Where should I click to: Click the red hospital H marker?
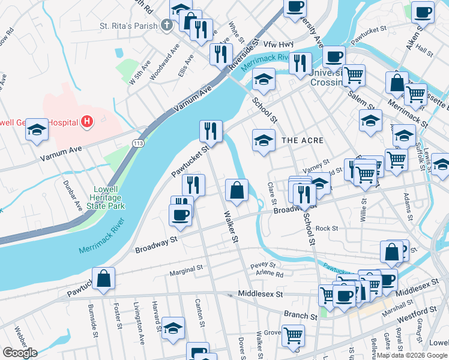click(88, 122)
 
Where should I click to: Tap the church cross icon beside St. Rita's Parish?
click(167, 26)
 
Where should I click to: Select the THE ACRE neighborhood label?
click(303, 140)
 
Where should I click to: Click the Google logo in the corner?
click(20, 353)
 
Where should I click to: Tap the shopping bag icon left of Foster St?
click(104, 278)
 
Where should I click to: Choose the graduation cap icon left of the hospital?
click(37, 130)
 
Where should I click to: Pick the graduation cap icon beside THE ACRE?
click(263, 141)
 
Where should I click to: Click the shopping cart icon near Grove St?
click(294, 335)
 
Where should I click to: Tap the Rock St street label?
click(327, 228)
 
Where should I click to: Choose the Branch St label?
click(300, 316)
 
